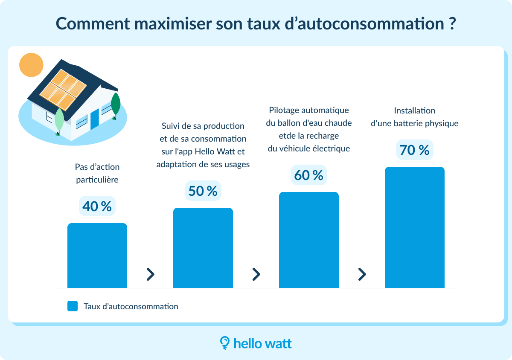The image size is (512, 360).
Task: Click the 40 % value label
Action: point(97,206)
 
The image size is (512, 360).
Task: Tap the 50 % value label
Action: point(203,191)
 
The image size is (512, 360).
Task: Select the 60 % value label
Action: point(308,175)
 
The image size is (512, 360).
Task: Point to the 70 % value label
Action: point(414,150)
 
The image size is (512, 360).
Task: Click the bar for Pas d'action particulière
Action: point(97,255)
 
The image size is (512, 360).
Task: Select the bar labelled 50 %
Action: point(203,248)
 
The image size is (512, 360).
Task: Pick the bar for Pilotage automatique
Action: point(309,240)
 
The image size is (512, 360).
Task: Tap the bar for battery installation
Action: point(415,227)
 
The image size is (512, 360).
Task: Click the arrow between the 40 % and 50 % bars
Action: point(150,274)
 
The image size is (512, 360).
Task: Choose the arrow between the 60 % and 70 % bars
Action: point(362,274)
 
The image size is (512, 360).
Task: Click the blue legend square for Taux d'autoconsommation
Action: point(73,306)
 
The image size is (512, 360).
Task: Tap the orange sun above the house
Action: point(31,65)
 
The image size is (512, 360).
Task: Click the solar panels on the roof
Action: point(63,89)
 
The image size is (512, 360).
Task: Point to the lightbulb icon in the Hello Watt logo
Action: point(224,343)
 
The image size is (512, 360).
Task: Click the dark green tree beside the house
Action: point(115,105)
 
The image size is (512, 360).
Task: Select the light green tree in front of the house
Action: point(59,121)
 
